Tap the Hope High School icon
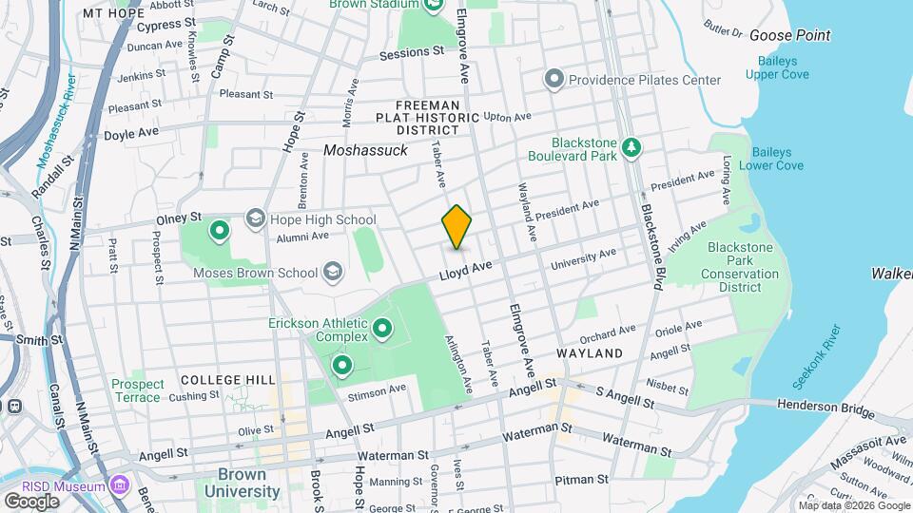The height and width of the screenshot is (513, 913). point(255,219)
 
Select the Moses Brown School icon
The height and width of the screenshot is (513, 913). point(332,273)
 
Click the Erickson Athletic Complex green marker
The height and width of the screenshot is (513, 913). point(383,329)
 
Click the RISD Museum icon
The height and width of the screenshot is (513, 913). point(119,486)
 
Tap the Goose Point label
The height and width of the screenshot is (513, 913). point(789,36)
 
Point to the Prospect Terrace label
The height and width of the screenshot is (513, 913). point(137,390)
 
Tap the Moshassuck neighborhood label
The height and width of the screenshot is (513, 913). point(365,150)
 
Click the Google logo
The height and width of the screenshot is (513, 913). point(31,501)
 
